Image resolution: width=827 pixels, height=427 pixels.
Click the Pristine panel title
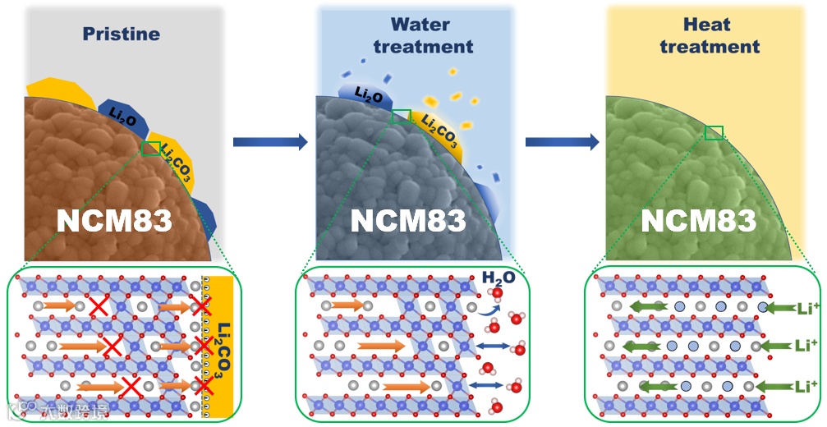(x=121, y=34)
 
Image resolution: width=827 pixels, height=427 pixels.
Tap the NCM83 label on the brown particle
(x=113, y=219)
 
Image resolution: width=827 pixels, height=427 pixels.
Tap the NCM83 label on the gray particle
(x=408, y=219)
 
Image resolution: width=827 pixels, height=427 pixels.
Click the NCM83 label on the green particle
(x=698, y=219)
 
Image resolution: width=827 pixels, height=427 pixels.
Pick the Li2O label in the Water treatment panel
(x=366, y=96)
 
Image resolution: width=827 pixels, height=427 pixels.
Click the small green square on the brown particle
(x=151, y=148)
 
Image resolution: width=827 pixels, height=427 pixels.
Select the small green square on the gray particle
(x=401, y=116)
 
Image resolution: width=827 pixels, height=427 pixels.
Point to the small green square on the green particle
(x=714, y=132)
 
